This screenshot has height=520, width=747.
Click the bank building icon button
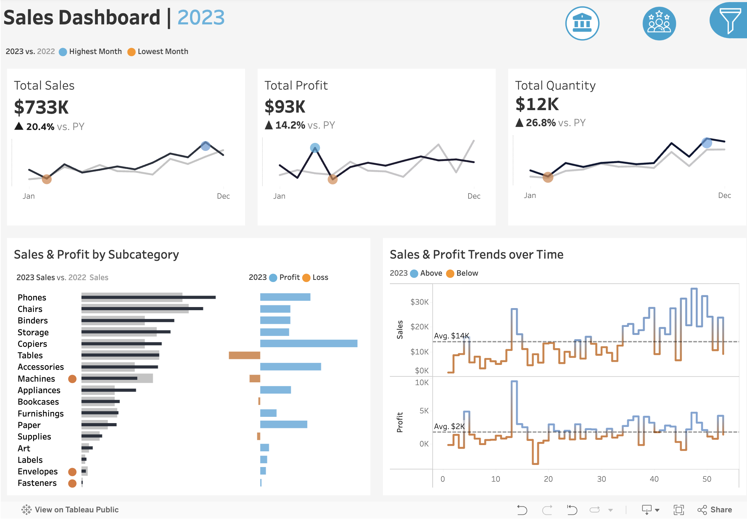582,23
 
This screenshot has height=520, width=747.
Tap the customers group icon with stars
659,23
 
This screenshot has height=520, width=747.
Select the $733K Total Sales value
41,107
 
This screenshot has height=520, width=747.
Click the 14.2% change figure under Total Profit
290,125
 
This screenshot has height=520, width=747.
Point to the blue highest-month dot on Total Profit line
315,148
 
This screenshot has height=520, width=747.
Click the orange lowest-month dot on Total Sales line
47,179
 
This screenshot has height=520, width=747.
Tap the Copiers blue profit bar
308,343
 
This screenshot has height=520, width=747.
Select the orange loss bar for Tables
244,355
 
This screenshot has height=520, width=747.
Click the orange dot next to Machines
72,379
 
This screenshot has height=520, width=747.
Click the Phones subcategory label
32,298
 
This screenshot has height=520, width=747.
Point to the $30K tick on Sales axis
419,302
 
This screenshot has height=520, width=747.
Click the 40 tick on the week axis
654,479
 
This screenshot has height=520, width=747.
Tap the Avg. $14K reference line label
451,336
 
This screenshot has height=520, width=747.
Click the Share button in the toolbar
715,510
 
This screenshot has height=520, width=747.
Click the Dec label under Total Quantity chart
724,196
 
